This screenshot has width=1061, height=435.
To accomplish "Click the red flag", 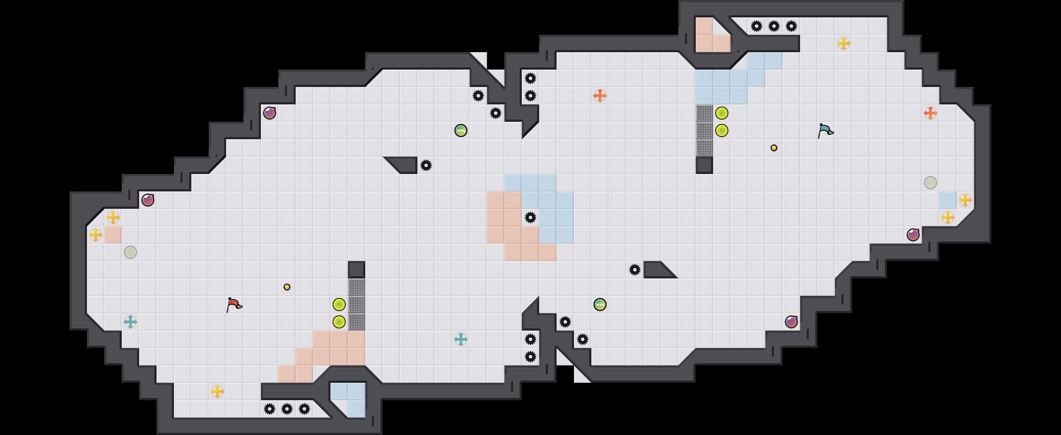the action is click(x=234, y=304).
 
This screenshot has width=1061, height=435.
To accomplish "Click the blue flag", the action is click(x=825, y=130).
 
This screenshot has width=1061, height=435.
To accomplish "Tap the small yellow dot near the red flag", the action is click(x=287, y=287).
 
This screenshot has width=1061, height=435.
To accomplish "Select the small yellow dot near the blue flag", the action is click(x=774, y=148).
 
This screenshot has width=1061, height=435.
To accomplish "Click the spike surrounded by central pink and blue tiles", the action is click(x=530, y=217).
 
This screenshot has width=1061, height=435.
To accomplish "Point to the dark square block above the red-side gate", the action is click(x=357, y=270).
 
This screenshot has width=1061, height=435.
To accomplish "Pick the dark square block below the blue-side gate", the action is click(x=704, y=165).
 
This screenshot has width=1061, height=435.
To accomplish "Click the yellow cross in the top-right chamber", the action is click(x=844, y=43).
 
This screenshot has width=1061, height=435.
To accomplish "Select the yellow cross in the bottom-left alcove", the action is click(x=217, y=391).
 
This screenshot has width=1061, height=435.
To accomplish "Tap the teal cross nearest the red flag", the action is click(x=130, y=322).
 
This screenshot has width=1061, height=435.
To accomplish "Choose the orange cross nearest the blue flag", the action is click(x=931, y=113).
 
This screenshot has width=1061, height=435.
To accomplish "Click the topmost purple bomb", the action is click(x=270, y=113).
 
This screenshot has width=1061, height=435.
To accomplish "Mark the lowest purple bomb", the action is click(x=791, y=322).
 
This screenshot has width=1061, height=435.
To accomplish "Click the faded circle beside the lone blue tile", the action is click(x=931, y=183).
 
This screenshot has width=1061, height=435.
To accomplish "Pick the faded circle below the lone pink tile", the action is click(x=130, y=252).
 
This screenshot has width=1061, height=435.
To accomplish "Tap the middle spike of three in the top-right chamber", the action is click(x=774, y=26).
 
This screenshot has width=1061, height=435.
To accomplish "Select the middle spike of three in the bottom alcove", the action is click(x=287, y=409).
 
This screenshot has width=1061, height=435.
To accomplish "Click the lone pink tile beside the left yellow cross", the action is click(x=113, y=235).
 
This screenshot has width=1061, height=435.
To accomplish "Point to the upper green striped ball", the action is click(x=461, y=130).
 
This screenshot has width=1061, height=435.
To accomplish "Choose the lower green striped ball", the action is click(x=600, y=304).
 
